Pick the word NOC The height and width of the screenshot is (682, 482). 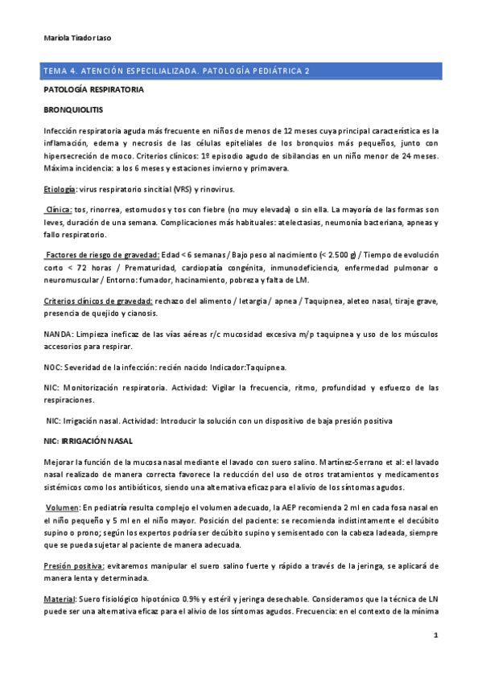click(x=52, y=368)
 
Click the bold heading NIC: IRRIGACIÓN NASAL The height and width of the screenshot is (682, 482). click(x=89, y=442)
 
